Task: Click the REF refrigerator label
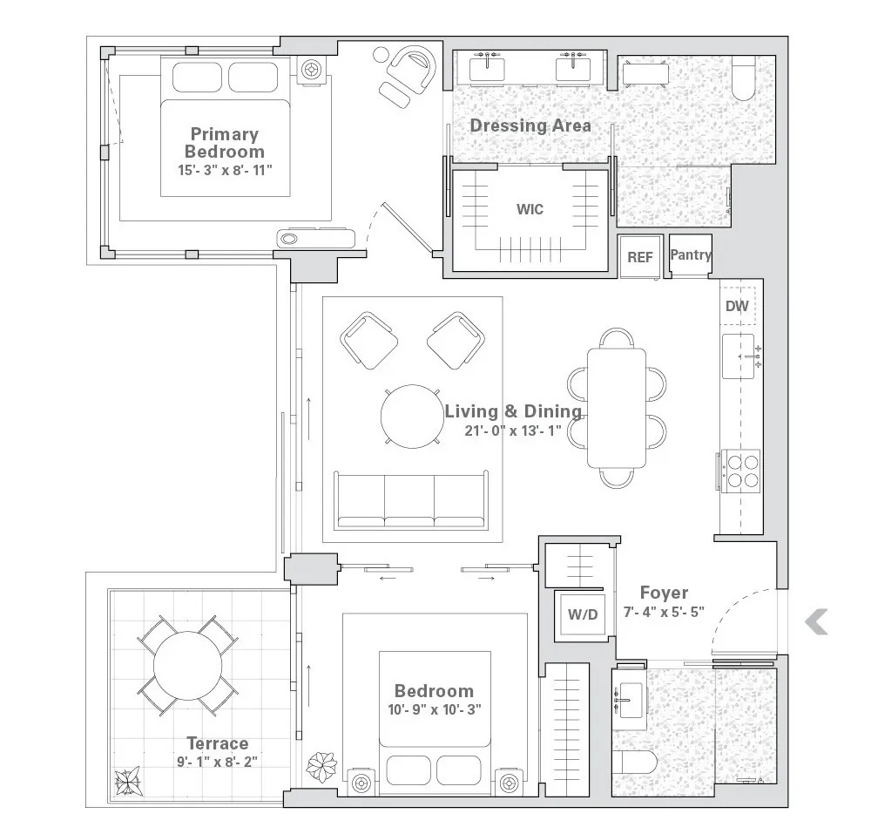click(640, 257)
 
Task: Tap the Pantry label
click(691, 255)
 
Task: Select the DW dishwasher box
click(737, 306)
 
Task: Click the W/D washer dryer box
click(583, 614)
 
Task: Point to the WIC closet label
click(530, 209)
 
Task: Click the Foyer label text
click(664, 593)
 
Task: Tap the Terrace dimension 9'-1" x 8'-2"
click(217, 761)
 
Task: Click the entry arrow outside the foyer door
click(815, 622)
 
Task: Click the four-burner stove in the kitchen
click(739, 471)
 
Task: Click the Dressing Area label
click(530, 125)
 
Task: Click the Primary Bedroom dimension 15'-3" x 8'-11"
click(226, 169)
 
